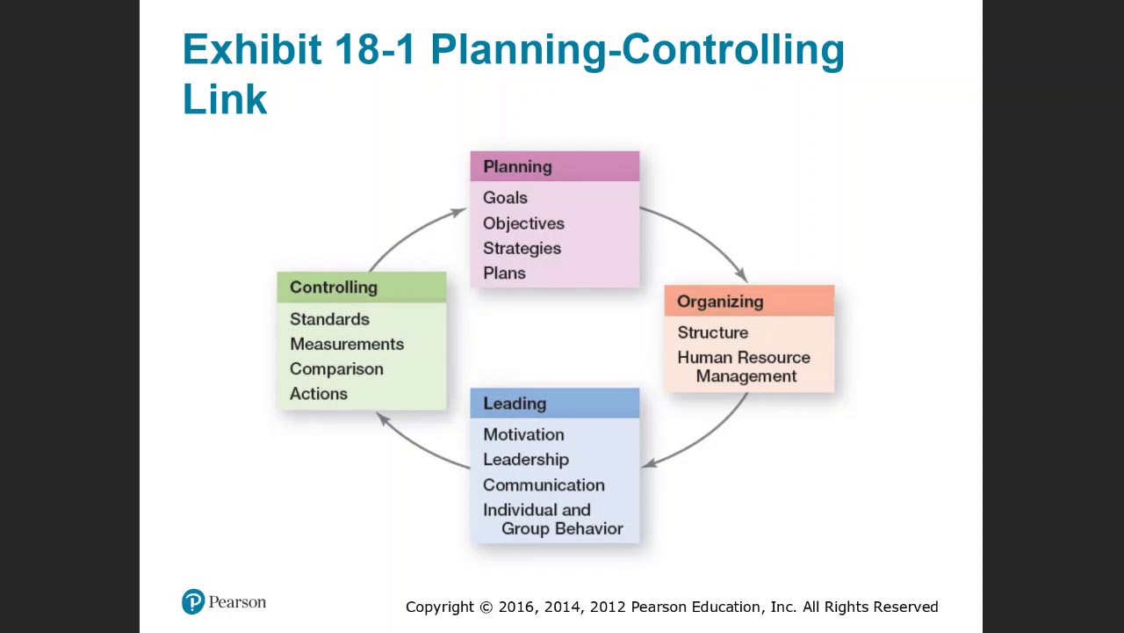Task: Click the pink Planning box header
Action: (x=554, y=166)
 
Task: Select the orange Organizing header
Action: (x=748, y=301)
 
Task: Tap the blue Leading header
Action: (x=554, y=403)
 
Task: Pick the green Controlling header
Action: (x=361, y=287)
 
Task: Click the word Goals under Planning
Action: (x=505, y=198)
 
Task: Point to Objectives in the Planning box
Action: (x=523, y=223)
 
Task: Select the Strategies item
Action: (x=522, y=248)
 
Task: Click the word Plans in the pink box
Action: (x=504, y=273)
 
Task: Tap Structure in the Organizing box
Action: (x=712, y=332)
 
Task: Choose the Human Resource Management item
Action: (x=744, y=367)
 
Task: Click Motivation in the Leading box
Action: (x=523, y=434)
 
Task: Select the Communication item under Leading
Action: (x=544, y=484)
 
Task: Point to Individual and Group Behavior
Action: (x=552, y=519)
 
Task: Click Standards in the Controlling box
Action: (x=329, y=319)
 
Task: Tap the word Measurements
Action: (x=347, y=344)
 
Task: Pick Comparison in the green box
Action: (x=336, y=368)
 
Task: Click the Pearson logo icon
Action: (x=193, y=602)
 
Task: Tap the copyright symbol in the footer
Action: (x=486, y=608)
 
